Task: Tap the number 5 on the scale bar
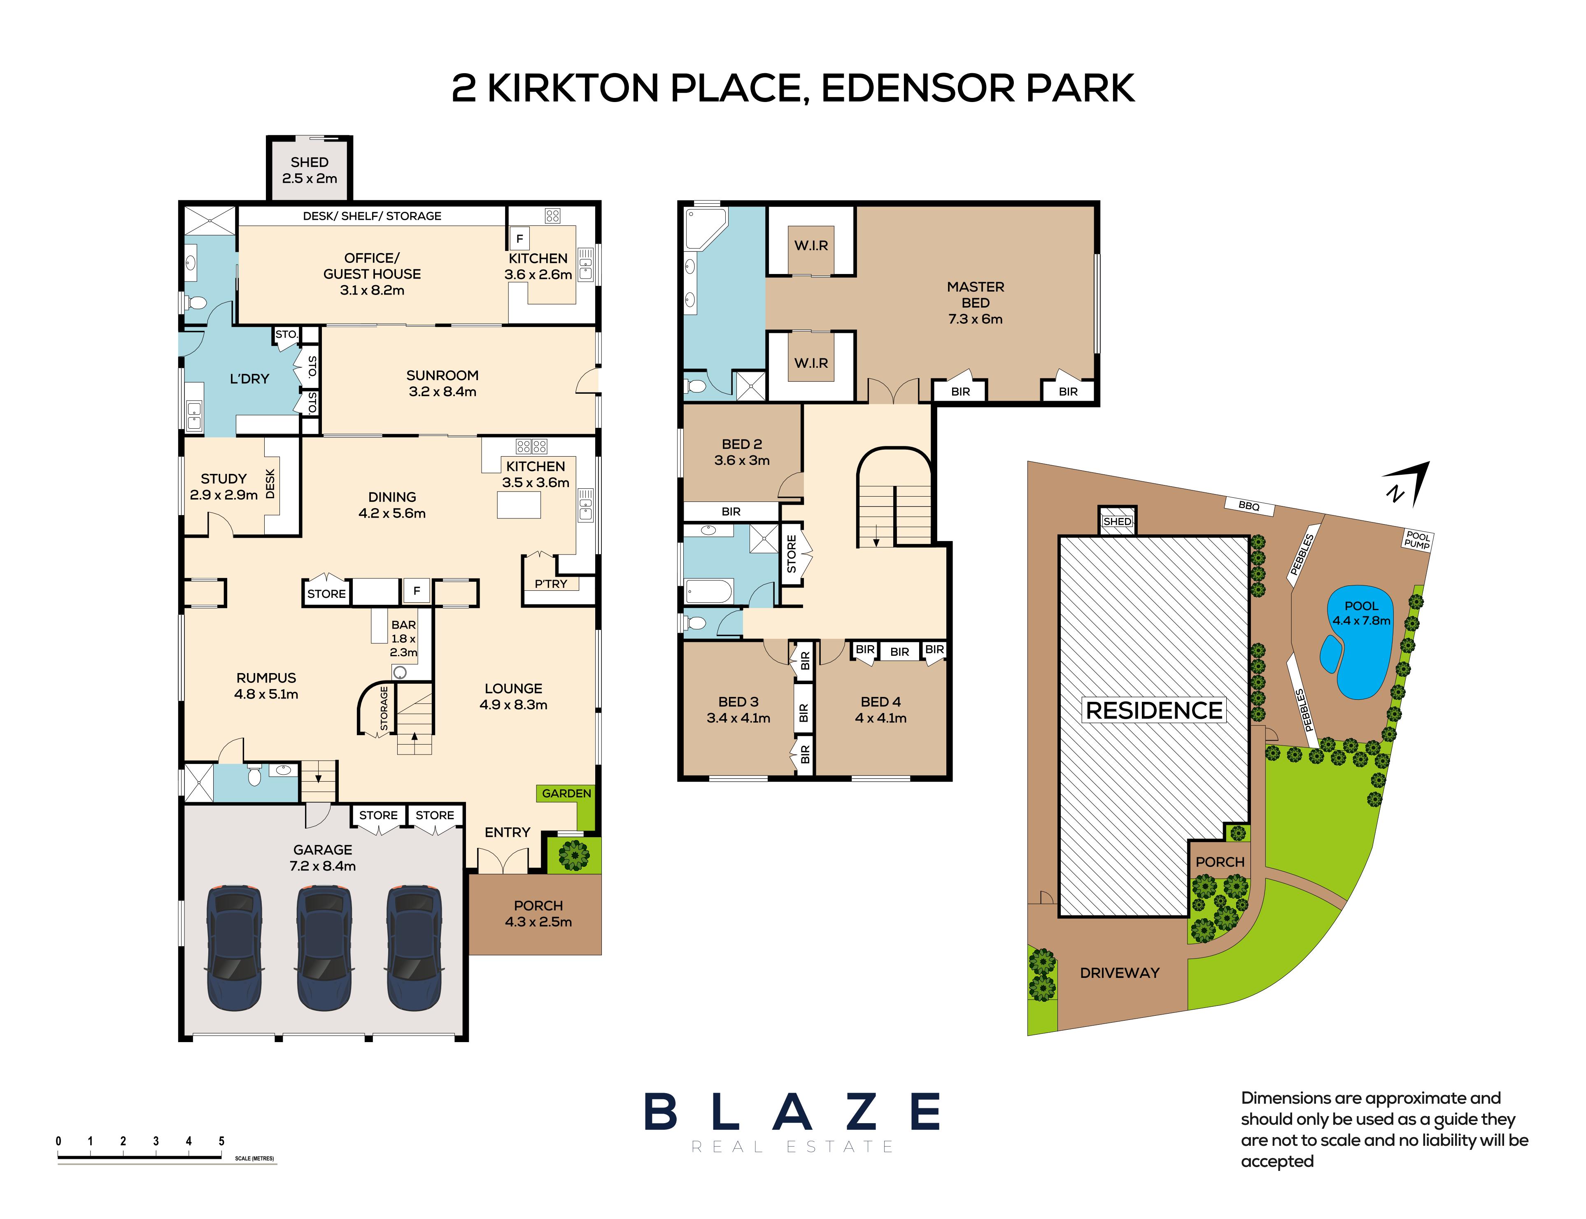(221, 1141)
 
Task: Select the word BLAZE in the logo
(792, 1112)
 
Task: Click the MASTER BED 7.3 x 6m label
(975, 302)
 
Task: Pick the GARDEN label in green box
(566, 793)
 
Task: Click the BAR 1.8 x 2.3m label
(403, 638)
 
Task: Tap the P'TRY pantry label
(550, 583)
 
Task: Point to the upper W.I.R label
(811, 245)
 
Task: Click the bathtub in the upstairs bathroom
(708, 591)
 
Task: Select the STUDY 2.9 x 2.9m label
(224, 487)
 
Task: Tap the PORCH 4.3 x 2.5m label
(538, 913)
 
